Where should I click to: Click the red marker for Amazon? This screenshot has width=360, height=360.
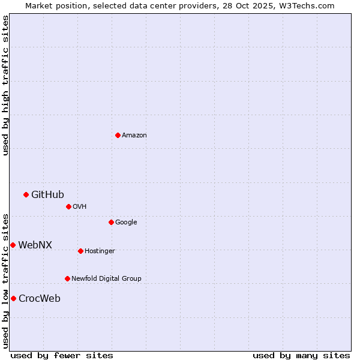[118, 135]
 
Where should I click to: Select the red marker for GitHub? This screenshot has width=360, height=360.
[26, 194]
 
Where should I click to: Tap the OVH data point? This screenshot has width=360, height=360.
[68, 206]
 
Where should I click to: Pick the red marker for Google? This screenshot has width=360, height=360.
[111, 222]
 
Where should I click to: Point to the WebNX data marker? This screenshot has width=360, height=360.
[13, 245]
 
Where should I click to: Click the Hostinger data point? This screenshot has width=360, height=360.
[80, 251]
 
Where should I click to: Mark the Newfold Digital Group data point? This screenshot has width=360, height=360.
[67, 278]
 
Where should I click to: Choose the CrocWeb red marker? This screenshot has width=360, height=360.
[13, 298]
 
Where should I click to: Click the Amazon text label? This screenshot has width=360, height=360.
[134, 136]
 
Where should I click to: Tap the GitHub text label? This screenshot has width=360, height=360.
[47, 194]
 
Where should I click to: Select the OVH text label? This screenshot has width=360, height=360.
[80, 207]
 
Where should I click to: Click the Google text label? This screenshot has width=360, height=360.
[126, 223]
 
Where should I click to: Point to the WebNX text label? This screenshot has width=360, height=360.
[35, 245]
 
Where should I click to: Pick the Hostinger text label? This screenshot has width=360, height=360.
[100, 251]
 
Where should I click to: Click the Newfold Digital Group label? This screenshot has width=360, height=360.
[106, 279]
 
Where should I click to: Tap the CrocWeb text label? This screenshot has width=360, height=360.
[39, 299]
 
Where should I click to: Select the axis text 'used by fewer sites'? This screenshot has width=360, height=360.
[62, 355]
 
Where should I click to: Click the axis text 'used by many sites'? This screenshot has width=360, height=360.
[301, 355]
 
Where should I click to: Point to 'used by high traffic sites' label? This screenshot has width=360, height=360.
[6, 85]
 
